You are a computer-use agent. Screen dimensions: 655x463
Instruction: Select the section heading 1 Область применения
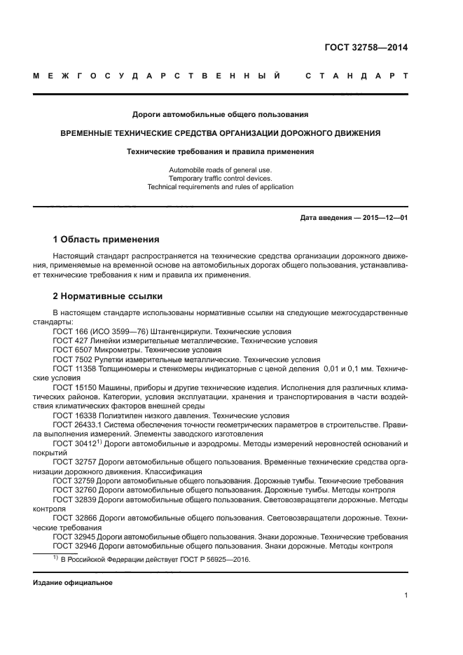(x=106, y=239)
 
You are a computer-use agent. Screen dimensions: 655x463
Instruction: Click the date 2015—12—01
(x=383, y=218)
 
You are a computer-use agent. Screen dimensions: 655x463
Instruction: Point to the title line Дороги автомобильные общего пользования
(x=220, y=114)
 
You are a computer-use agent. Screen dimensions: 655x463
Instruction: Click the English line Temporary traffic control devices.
(x=220, y=179)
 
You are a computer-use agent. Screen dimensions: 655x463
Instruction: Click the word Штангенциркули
(x=177, y=331)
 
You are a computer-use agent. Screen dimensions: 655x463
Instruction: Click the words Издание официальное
(x=72, y=583)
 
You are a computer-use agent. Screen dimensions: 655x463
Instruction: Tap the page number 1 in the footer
(x=406, y=595)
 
